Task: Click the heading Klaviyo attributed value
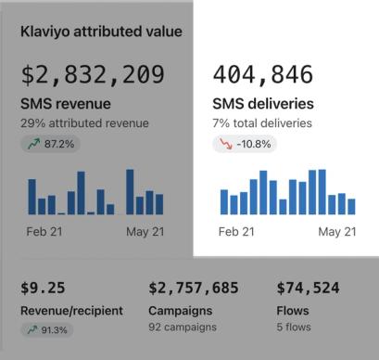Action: click(x=101, y=32)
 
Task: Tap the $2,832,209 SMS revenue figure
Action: click(x=93, y=74)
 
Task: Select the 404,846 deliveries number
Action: click(x=263, y=74)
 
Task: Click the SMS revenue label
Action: click(x=66, y=104)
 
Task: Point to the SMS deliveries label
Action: click(x=263, y=104)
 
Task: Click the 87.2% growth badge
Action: click(x=51, y=144)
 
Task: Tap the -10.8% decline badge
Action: click(x=245, y=144)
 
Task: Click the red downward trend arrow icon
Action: click(x=226, y=144)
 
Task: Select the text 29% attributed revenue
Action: click(x=84, y=123)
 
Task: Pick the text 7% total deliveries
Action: click(x=262, y=123)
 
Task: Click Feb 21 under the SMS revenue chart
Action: click(x=44, y=232)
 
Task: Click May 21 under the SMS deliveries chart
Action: click(x=337, y=232)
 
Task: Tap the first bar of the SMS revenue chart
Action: click(x=32, y=197)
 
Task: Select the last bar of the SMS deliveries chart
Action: click(x=351, y=207)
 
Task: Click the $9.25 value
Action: click(x=43, y=288)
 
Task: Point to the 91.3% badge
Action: click(x=47, y=330)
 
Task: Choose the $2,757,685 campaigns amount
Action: click(x=194, y=288)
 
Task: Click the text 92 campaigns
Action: click(x=183, y=327)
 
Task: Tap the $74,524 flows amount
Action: click(x=308, y=288)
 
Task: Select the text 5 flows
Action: click(x=294, y=327)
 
